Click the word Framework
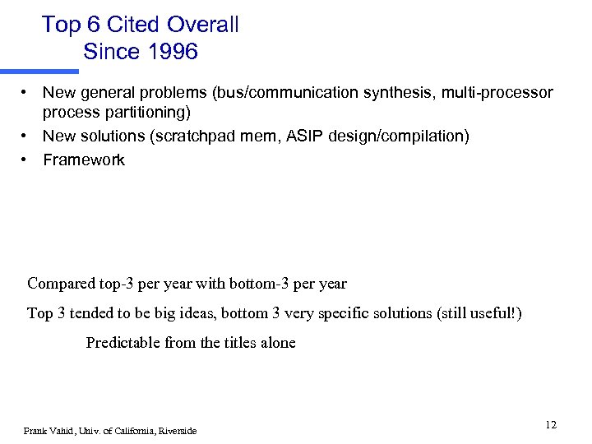(x=84, y=160)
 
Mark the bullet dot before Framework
(x=26, y=160)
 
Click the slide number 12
(x=551, y=424)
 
